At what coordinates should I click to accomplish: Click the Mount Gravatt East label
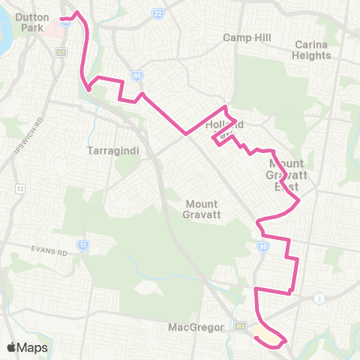[x=284, y=174]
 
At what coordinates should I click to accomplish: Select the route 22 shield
[x=157, y=13]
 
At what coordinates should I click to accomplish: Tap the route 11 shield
[x=82, y=244]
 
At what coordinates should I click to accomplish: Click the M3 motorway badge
[x=240, y=325]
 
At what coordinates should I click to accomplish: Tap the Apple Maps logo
[x=26, y=347]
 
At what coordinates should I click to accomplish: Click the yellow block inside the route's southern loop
[x=262, y=330]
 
